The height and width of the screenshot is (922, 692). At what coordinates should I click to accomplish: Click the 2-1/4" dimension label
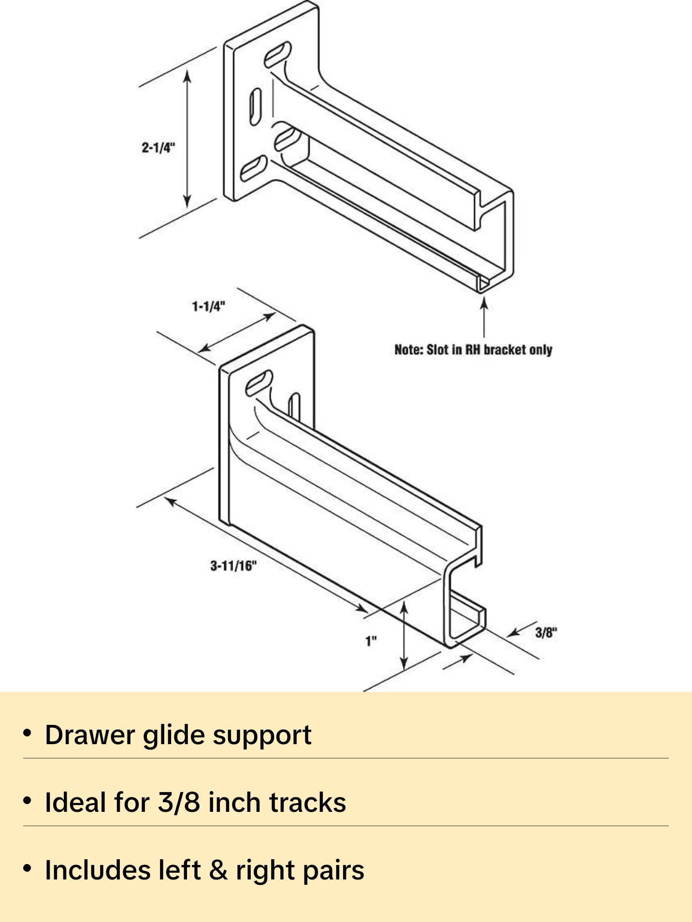coord(158,147)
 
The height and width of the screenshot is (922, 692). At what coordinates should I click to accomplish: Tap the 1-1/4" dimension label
coord(208,306)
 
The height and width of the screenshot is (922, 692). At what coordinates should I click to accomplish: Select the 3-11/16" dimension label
coord(233,565)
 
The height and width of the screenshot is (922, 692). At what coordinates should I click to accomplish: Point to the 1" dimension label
coord(371,641)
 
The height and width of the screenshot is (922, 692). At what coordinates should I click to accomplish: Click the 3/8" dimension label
coord(546,633)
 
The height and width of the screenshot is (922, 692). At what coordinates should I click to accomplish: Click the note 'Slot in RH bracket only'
coord(473,350)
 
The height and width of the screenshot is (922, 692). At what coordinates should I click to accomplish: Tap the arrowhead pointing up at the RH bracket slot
coord(484,303)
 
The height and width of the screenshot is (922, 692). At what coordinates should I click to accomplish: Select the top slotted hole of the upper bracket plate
coord(278,54)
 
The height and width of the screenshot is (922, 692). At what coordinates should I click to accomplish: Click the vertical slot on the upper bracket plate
coord(255,106)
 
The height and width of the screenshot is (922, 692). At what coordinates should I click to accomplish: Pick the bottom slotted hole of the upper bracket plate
coord(254,168)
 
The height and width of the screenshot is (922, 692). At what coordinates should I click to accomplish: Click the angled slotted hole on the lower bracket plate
coord(259,383)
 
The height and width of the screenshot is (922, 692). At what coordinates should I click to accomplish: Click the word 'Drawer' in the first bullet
coord(90,735)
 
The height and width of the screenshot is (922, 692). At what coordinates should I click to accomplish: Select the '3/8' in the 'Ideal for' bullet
coord(179,803)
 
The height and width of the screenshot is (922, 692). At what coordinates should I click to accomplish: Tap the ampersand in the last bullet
coord(218,870)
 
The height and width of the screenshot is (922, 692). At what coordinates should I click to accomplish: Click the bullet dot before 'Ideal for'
coord(28,801)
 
